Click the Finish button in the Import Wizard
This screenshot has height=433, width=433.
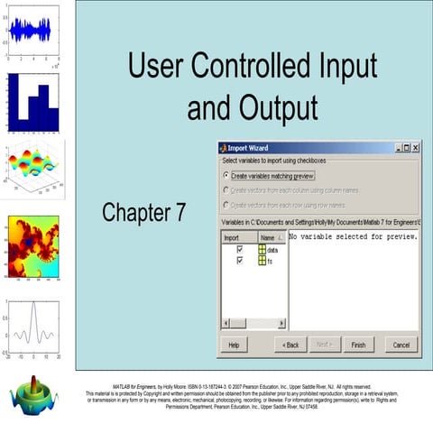[358, 345]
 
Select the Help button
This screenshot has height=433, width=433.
[234, 345]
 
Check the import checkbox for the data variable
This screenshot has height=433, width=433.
[239, 249]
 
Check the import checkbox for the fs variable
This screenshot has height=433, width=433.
[239, 260]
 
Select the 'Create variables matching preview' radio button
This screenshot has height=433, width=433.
[226, 176]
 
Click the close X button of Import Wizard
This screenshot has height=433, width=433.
[415, 148]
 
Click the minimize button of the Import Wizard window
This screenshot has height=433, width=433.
[395, 148]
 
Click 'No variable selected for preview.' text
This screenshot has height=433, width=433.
[352, 237]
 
